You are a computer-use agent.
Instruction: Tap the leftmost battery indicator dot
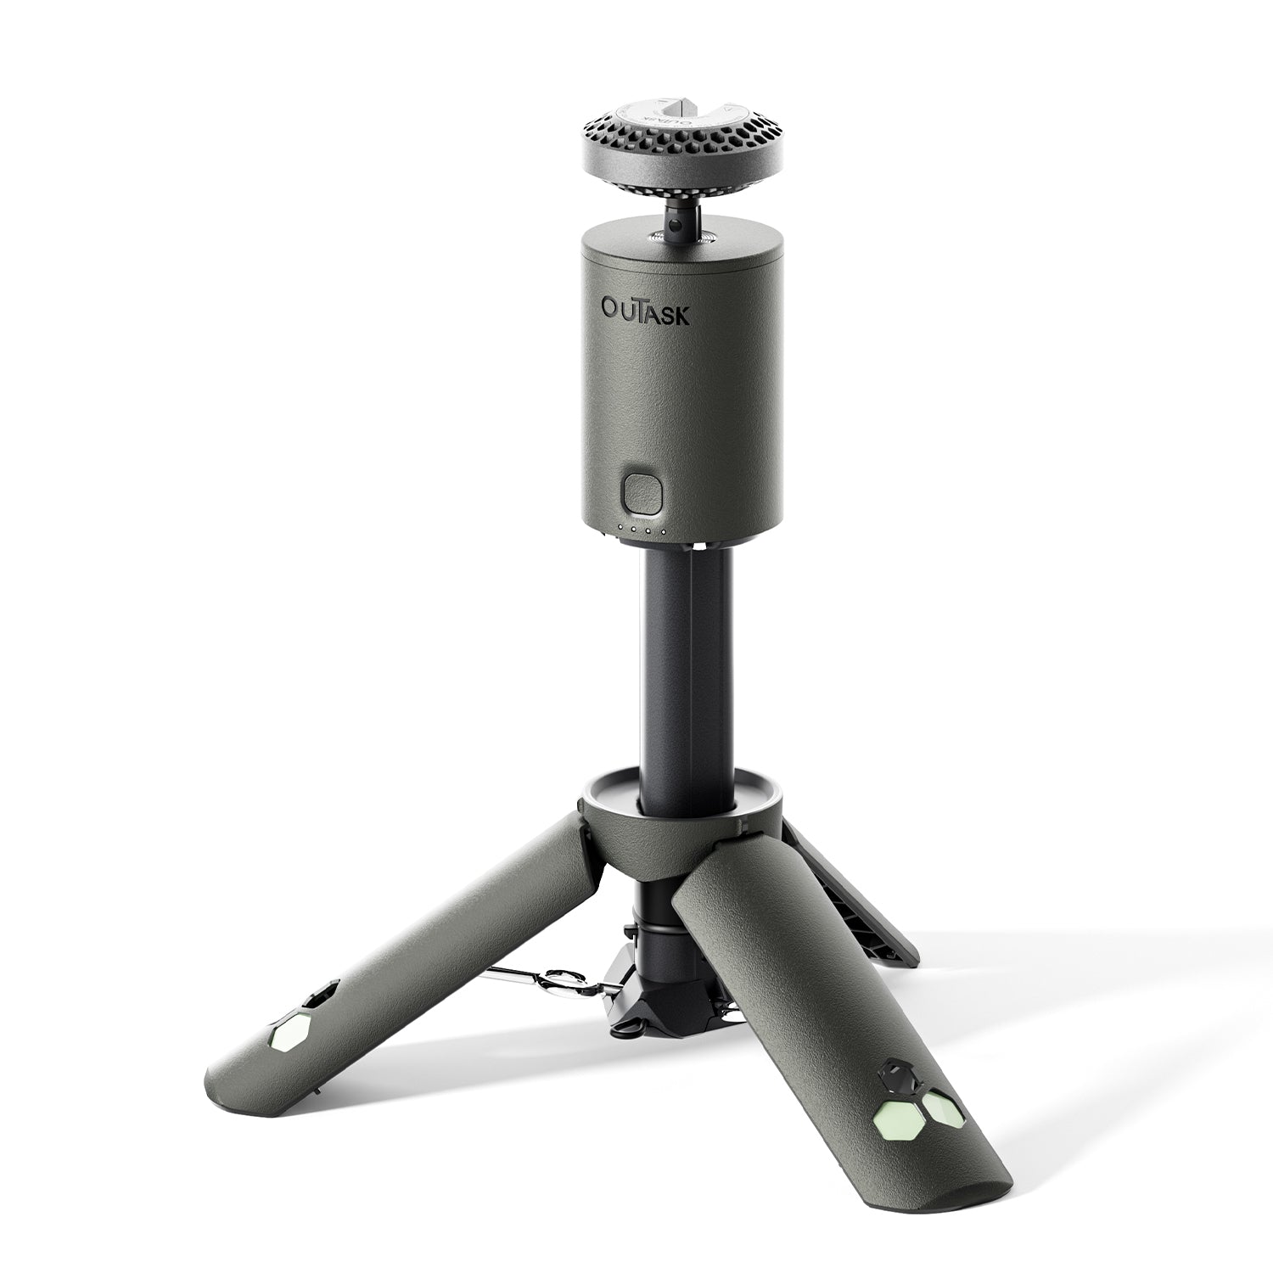pyautogui.click(x=621, y=531)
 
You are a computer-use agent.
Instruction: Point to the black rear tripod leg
pyautogui.click(x=857, y=900)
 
